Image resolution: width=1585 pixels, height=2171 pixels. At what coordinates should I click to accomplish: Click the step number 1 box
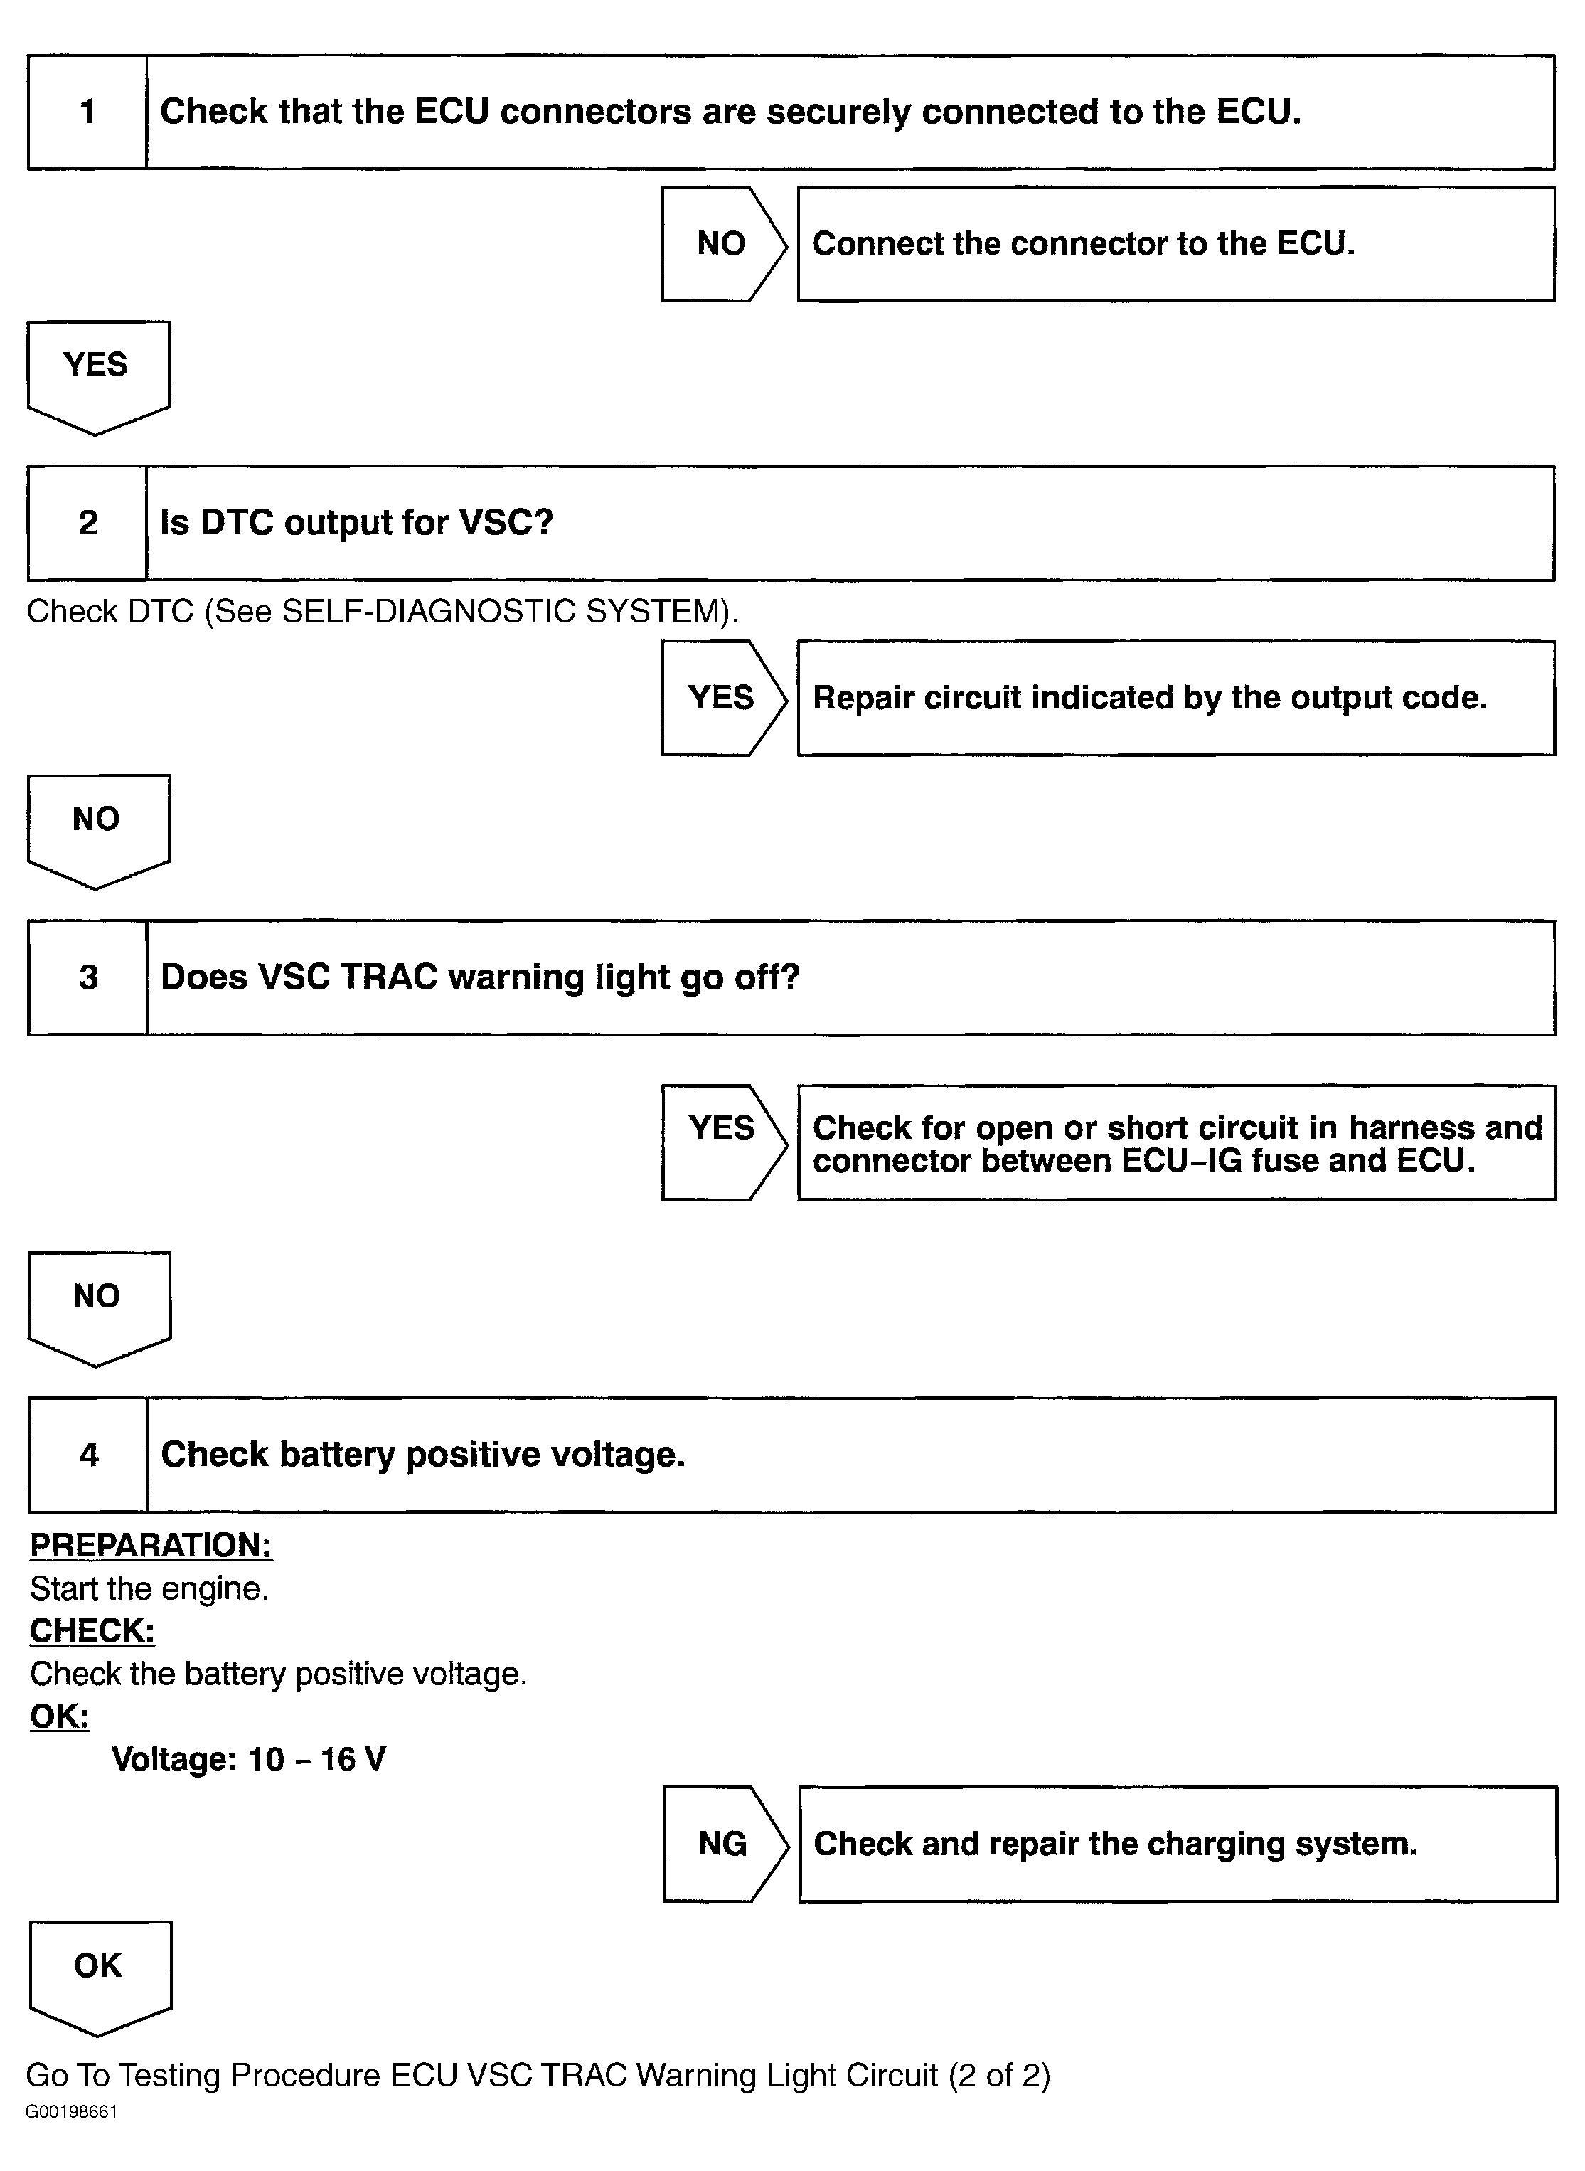pos(87,112)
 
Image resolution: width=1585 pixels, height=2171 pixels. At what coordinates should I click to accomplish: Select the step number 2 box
pos(87,523)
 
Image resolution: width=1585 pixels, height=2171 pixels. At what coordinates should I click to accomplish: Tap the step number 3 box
pos(88,977)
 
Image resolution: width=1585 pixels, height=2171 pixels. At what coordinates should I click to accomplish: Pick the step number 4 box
pos(89,1454)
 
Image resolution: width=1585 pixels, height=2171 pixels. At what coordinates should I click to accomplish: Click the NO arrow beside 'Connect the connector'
pos(722,244)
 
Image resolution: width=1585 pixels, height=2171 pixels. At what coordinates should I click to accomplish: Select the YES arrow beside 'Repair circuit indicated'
pos(722,698)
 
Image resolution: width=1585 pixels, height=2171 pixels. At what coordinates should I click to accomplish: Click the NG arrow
pos(723,1843)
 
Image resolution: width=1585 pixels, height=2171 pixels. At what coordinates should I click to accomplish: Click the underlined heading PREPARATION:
pos(151,1544)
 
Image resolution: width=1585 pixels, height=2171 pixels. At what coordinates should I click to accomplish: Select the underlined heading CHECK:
pos(92,1630)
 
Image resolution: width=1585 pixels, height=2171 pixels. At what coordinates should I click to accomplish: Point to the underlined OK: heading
pos(60,1716)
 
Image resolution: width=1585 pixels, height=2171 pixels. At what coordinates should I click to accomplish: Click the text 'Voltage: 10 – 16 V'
pos(248,1758)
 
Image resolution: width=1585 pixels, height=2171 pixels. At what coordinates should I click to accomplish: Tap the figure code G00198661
pos(71,2111)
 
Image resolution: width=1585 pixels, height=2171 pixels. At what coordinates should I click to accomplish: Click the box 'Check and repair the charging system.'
pos(1178,1843)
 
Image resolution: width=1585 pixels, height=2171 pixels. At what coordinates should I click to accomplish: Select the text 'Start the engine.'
pos(149,1588)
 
